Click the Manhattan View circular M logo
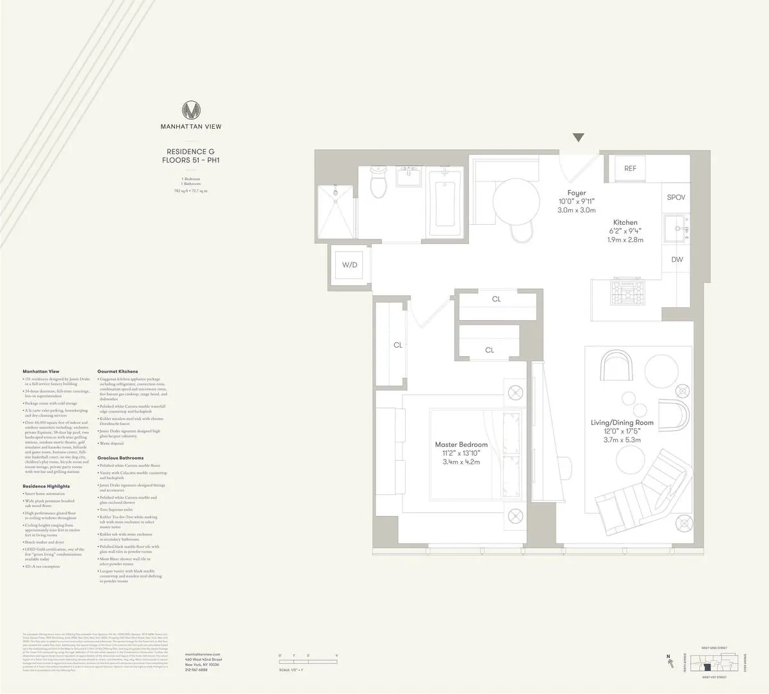pos(190,109)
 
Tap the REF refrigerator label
pos(630,168)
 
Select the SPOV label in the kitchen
pos(676,197)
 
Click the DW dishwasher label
pos(677,259)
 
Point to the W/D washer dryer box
pos(349,264)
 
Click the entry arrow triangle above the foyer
pos(579,137)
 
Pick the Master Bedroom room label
pos(461,444)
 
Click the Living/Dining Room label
pos(622,423)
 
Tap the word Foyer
pos(576,193)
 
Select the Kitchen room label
pos(625,223)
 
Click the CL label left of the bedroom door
pos(397,345)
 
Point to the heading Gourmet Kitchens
pos(117,371)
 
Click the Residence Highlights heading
pos(46,487)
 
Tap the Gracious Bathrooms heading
pos(120,458)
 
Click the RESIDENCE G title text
pos(190,152)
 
